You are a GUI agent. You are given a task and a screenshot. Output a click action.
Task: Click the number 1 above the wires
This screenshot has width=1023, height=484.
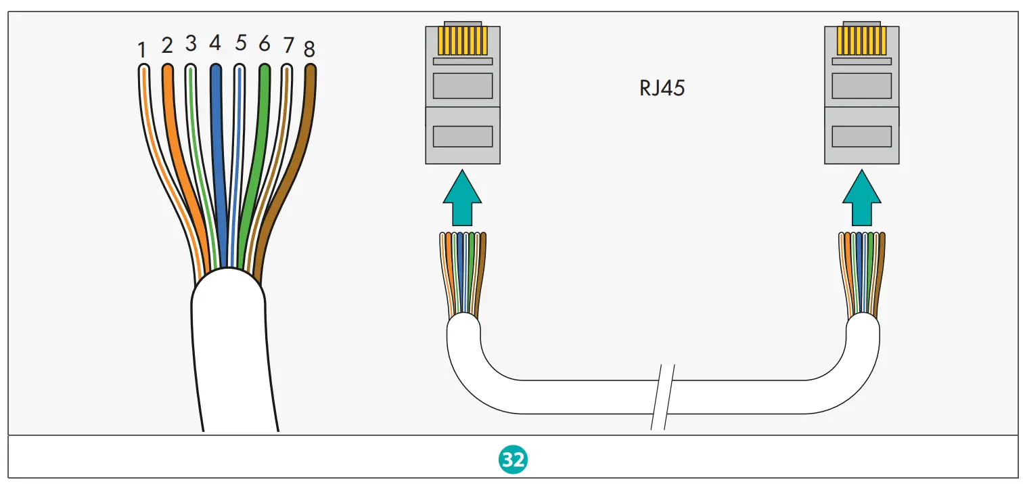pyautogui.click(x=142, y=50)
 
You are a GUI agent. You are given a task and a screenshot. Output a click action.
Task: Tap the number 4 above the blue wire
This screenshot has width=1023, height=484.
pyautogui.click(x=215, y=43)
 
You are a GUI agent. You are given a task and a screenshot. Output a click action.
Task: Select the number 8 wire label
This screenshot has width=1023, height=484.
pyautogui.click(x=309, y=49)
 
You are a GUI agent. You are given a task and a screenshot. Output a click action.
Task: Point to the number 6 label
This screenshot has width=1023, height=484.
pyautogui.click(x=265, y=44)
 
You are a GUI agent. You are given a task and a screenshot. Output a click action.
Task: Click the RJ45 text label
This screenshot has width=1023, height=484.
pyautogui.click(x=662, y=89)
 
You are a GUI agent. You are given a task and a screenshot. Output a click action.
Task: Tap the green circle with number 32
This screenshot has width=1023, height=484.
pyautogui.click(x=513, y=460)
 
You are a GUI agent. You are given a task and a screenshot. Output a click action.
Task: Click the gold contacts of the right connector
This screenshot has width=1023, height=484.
pyautogui.click(x=861, y=41)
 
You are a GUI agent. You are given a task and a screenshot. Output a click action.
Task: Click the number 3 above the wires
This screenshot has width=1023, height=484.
pyautogui.click(x=191, y=44)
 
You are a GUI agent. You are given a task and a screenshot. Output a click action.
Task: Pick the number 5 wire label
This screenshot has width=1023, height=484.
pyautogui.click(x=241, y=43)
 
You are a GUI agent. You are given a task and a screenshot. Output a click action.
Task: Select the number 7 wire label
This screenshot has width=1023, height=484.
pyautogui.click(x=288, y=46)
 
